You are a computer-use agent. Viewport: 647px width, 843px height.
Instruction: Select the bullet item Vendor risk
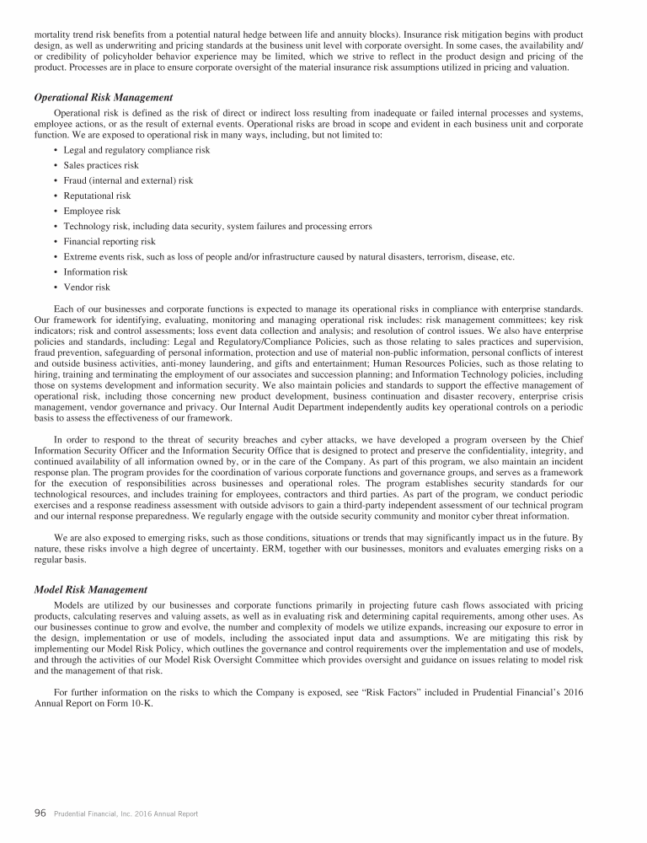(87, 287)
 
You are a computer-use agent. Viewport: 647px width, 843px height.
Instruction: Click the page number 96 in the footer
(40, 813)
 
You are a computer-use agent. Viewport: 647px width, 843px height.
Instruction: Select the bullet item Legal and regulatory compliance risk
(136, 150)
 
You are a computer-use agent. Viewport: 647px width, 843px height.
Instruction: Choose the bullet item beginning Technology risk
(217, 226)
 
